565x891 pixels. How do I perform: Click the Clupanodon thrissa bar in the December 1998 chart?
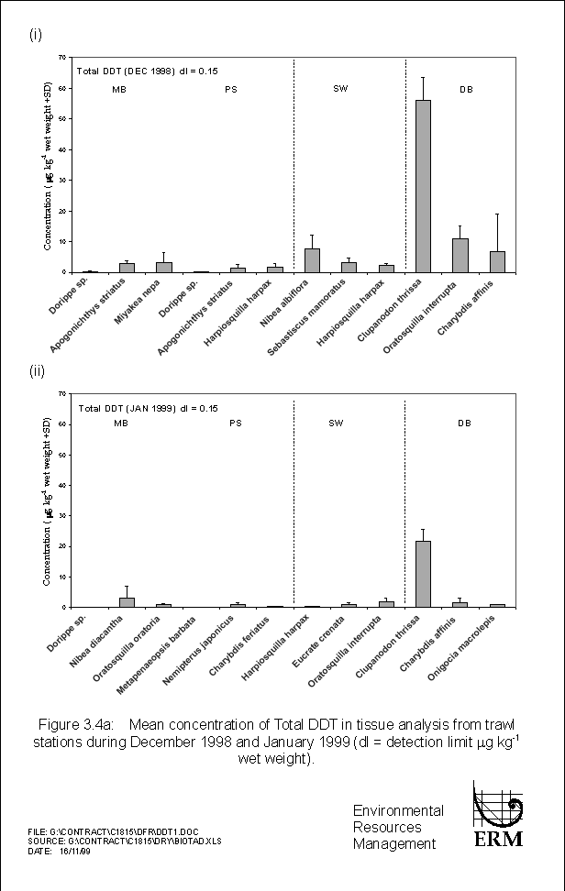coord(423,186)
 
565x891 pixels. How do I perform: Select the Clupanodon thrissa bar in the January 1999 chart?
coord(423,574)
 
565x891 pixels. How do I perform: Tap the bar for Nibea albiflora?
coord(312,260)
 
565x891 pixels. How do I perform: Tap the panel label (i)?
coord(35,35)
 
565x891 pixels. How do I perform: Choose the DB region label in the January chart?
coord(464,423)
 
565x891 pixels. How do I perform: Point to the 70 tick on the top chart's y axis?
coord(61,58)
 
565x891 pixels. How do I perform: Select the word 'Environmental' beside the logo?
coord(398,810)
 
